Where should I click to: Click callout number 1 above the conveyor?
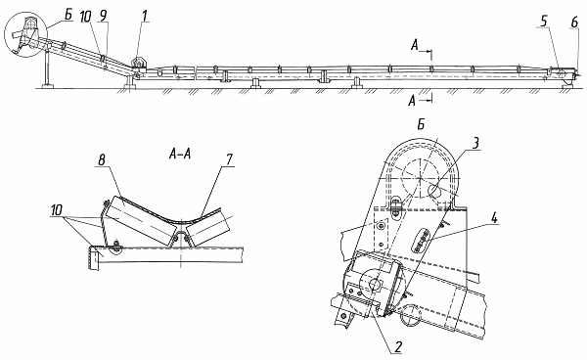tap(145, 16)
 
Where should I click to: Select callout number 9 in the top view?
tap(104, 16)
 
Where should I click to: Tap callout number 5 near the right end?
tap(544, 22)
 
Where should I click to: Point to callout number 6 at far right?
tap(574, 22)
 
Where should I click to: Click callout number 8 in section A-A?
tap(101, 160)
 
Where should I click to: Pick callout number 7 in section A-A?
tap(229, 159)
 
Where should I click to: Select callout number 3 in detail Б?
tap(474, 143)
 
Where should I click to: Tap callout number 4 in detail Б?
tap(494, 218)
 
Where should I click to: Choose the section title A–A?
tap(180, 154)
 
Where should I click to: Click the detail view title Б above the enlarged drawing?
tap(421, 125)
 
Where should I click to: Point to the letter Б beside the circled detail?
tap(68, 16)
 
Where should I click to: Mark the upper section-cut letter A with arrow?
tap(415, 46)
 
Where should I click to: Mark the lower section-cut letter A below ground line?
tap(412, 101)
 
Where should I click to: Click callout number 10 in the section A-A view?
tap(57, 210)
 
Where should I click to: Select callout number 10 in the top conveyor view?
tap(86, 16)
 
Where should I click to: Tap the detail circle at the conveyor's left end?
tap(25, 14)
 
